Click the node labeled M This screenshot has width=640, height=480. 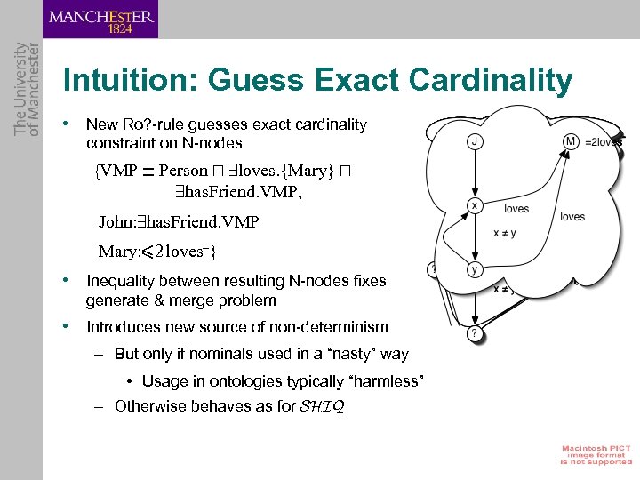point(571,140)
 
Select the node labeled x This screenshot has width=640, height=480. point(475,206)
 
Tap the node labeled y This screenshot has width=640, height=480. point(475,268)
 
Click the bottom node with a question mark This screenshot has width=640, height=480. point(475,333)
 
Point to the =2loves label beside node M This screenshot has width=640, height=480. point(604,141)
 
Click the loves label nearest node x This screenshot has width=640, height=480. point(516,209)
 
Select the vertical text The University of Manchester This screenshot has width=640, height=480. point(27,89)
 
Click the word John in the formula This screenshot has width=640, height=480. point(116,221)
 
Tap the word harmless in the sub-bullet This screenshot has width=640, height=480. point(389,381)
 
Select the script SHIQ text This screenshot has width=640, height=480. point(321,407)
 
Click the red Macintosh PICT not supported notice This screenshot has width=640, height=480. point(595,453)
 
